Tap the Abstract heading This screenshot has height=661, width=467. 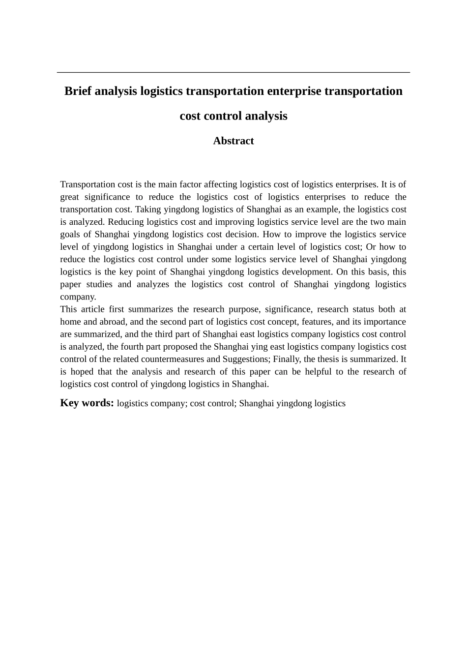(x=233, y=141)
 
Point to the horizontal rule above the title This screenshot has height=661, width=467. (x=233, y=73)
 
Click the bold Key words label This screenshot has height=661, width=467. (x=87, y=403)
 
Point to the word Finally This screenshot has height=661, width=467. (x=288, y=360)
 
